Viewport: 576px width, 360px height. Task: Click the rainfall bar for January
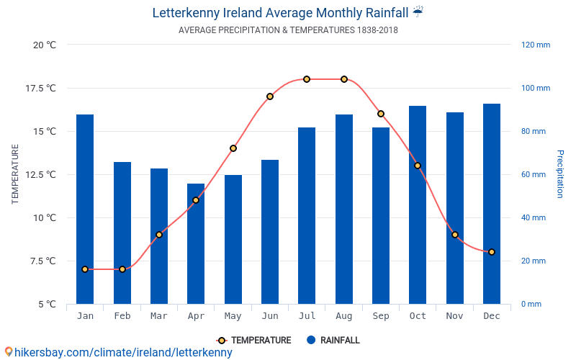pyautogui.click(x=85, y=209)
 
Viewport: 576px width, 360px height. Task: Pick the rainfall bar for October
pyautogui.click(x=418, y=204)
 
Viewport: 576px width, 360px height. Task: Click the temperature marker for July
pyautogui.click(x=307, y=79)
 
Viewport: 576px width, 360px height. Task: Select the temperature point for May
pyautogui.click(x=233, y=148)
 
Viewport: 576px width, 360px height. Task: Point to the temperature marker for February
pyautogui.click(x=122, y=269)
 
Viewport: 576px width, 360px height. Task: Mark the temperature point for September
pyautogui.click(x=381, y=114)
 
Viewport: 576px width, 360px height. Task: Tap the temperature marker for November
pyautogui.click(x=455, y=235)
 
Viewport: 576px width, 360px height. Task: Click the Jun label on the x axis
pyautogui.click(x=270, y=316)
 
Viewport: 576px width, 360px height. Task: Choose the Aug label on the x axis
pyautogui.click(x=344, y=316)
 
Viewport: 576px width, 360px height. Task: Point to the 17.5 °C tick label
pyautogui.click(x=41, y=88)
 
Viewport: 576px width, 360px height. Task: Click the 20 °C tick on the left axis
pyautogui.click(x=45, y=45)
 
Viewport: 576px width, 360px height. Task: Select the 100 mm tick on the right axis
pyautogui.click(x=536, y=88)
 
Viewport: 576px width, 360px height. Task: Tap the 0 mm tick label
pyautogui.click(x=531, y=304)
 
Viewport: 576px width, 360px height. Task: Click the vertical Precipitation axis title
pyautogui.click(x=559, y=174)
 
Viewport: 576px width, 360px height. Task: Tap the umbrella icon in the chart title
pyautogui.click(x=418, y=12)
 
